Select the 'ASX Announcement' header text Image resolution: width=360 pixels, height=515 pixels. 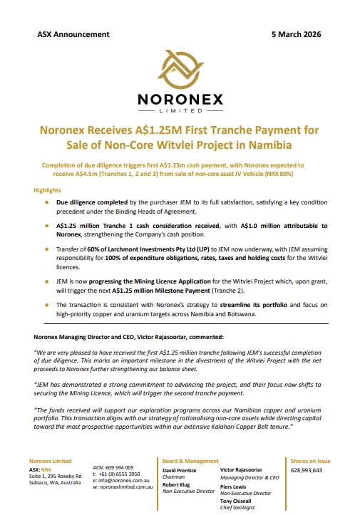tap(73, 34)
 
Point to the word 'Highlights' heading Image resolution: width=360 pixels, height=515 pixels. tap(48, 192)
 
